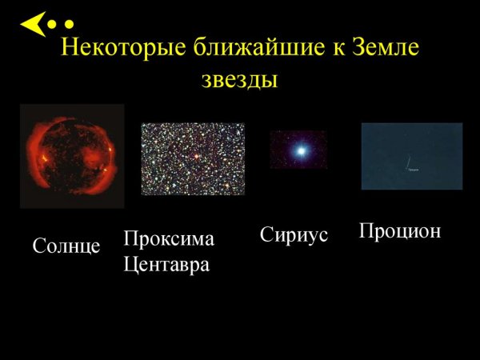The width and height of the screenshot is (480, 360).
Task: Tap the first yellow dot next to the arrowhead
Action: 53,25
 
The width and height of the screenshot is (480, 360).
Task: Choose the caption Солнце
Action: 66,246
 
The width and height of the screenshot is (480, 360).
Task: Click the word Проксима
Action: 170,239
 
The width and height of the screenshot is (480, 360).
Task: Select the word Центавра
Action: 167,264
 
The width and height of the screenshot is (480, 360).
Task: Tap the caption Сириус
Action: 294,236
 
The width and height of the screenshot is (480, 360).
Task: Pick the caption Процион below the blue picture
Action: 400,231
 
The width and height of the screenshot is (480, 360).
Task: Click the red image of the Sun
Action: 72,156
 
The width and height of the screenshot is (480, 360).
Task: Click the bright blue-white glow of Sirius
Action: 301,150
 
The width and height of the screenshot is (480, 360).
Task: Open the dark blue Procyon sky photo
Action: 412,156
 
